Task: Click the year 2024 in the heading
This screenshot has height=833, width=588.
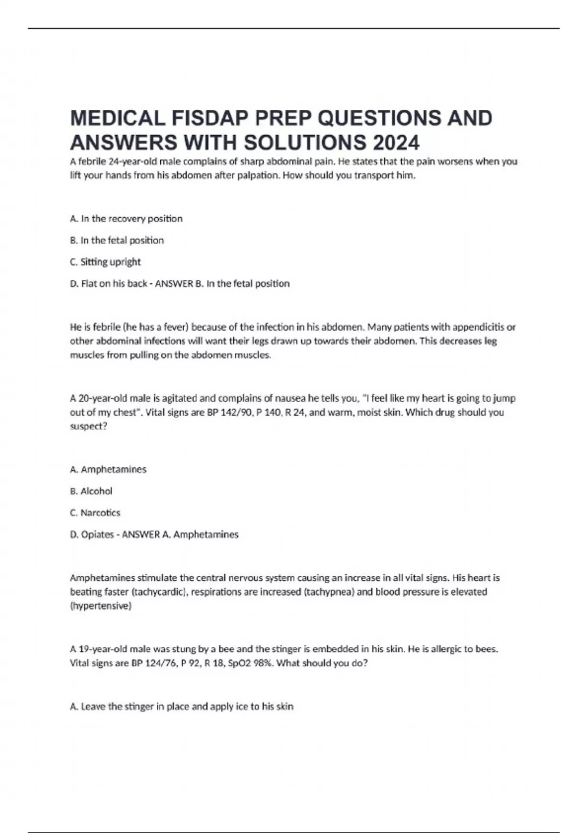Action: [396, 143]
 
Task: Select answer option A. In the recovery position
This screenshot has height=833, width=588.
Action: [126, 219]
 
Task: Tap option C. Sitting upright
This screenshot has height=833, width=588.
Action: [105, 262]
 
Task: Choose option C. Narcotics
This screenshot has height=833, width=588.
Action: [95, 513]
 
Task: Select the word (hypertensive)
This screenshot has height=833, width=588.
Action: [101, 606]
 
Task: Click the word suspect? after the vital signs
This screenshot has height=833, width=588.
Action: [89, 426]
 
